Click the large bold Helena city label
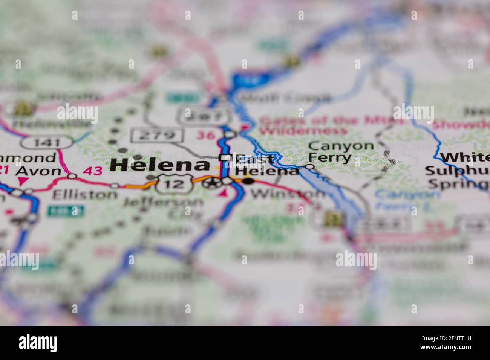tap(160, 165)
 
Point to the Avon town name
tap(39, 171)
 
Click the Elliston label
tap(85, 194)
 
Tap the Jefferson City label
tap(163, 207)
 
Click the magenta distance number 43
tap(92, 171)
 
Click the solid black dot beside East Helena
tap(248, 182)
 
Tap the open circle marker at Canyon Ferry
tap(310, 166)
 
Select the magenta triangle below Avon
tap(23, 181)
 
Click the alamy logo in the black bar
tap(38, 343)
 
